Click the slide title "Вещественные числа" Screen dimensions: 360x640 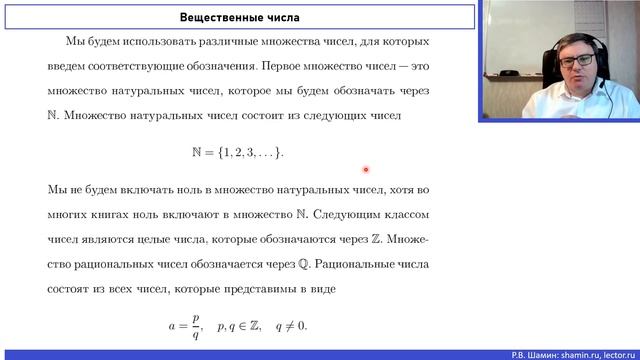239,17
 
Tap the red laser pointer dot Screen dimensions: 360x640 367,169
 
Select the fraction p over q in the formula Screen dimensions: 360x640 196,325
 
